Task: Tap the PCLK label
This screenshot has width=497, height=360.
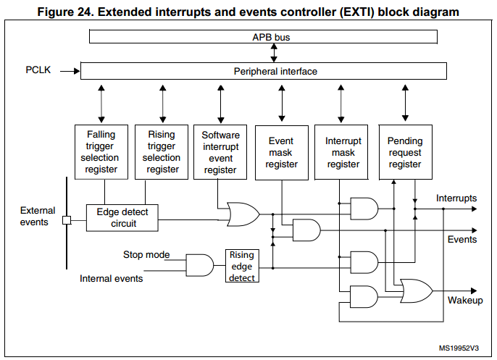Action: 38,70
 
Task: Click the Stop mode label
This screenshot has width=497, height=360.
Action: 146,254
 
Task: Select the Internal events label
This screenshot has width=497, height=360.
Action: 112,279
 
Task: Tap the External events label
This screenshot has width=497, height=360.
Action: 38,217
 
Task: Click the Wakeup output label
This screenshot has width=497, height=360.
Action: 465,300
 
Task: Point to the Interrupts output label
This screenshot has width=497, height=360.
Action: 456,198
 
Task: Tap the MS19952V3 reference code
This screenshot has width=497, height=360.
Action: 459,348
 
